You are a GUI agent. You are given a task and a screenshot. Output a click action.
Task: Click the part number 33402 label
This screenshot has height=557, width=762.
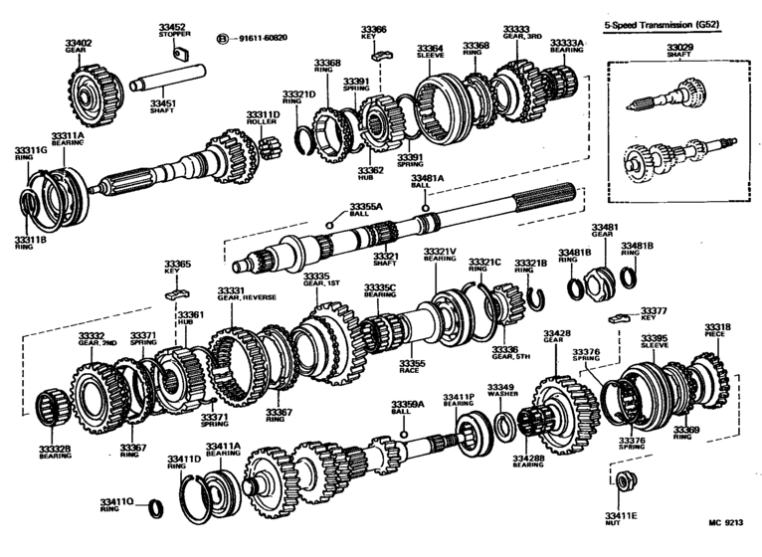pos(79,43)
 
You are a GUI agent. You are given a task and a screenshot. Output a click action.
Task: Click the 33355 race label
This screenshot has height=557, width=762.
pos(413,367)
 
